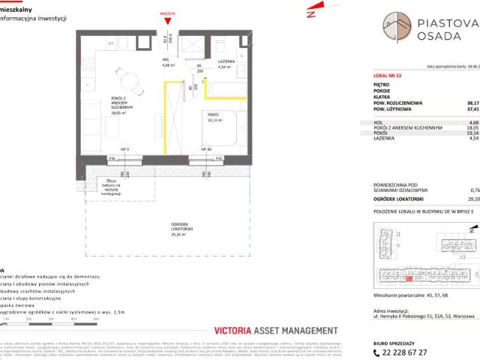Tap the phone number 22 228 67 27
(419, 352)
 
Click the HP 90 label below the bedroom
(207, 149)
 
